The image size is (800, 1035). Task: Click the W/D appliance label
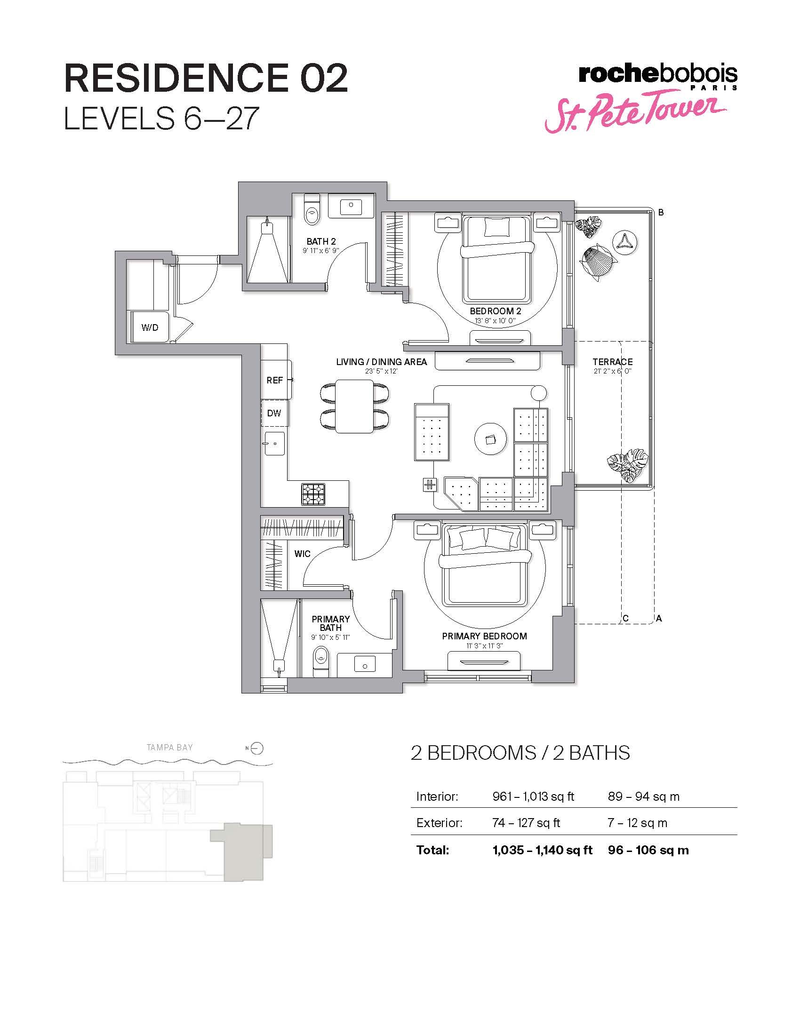(150, 327)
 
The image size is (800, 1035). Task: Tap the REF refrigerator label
(274, 380)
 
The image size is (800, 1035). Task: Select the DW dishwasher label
(274, 413)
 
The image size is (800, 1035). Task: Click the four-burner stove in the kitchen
(313, 494)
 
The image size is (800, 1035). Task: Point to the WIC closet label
(303, 554)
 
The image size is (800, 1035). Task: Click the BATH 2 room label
(321, 242)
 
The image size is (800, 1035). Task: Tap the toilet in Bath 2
(312, 212)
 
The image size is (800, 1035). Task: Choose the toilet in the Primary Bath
(321, 661)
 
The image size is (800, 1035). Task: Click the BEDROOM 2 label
(495, 311)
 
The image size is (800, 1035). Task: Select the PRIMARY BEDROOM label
(484, 636)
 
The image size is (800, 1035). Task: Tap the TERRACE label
(612, 362)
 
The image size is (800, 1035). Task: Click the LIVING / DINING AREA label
(382, 362)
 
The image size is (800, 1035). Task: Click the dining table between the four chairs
(355, 406)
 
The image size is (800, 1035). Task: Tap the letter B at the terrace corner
(661, 213)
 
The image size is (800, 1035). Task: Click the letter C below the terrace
(625, 619)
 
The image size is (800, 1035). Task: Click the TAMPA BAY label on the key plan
(170, 748)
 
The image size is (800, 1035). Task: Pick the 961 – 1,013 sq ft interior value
(533, 796)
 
